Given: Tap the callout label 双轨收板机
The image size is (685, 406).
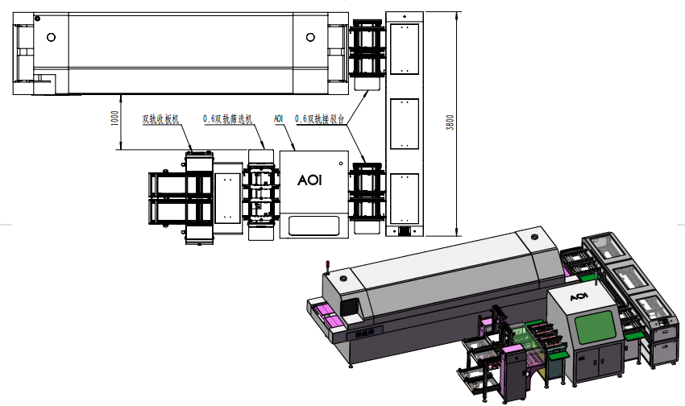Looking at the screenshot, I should [x=161, y=119].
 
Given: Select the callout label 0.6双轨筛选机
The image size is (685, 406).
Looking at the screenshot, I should [x=228, y=119].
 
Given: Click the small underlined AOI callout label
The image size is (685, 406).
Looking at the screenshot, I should [x=279, y=118].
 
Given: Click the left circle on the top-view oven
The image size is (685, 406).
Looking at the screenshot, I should [x=52, y=36].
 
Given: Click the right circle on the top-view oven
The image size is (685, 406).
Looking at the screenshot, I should [x=311, y=36].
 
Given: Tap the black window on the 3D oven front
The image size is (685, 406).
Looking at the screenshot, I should [x=351, y=308].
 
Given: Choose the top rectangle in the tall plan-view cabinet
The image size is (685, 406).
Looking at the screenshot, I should [x=405, y=49].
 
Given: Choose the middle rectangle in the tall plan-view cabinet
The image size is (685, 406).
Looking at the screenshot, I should [x=405, y=123].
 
